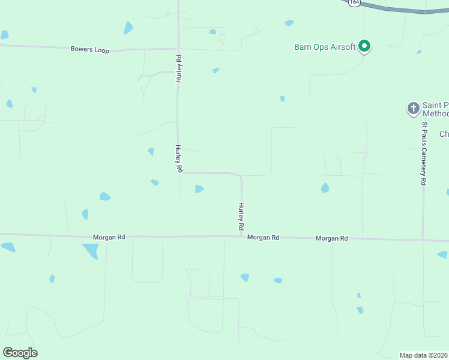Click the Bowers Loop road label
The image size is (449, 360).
[89, 50]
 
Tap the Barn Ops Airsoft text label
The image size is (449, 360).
[325, 47]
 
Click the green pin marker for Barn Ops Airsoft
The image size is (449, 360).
[364, 46]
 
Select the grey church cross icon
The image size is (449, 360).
[413, 109]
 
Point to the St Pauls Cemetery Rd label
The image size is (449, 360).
[424, 154]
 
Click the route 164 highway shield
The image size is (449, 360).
[354, 2]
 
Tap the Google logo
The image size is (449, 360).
[20, 352]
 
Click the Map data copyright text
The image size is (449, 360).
[424, 355]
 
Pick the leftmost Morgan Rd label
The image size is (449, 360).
[109, 237]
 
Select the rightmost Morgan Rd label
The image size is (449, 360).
[332, 238]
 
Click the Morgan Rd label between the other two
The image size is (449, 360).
[264, 238]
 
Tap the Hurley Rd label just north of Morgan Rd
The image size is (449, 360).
[241, 217]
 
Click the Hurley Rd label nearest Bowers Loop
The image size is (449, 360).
[178, 68]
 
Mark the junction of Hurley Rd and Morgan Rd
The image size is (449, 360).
[241, 237]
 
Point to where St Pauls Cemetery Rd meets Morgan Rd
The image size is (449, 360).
[423, 240]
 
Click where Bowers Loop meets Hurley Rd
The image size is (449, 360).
[178, 49]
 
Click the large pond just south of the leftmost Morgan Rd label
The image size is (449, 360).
[91, 250]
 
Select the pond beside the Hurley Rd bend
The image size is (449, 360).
[199, 189]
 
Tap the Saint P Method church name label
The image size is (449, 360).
[436, 109]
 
